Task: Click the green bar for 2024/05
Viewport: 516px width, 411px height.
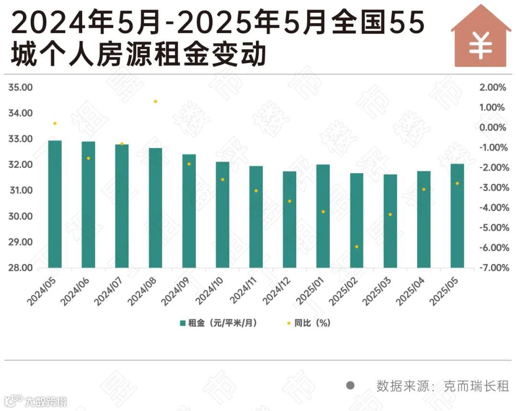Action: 55,204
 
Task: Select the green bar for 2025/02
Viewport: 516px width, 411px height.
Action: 356,220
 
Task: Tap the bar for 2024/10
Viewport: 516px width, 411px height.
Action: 222,215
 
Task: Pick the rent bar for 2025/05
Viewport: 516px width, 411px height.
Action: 457,216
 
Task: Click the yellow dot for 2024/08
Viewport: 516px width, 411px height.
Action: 155,101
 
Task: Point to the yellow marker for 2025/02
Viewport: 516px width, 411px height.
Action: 356,247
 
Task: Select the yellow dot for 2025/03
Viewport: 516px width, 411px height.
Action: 390,215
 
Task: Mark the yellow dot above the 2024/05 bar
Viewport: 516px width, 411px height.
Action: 55,123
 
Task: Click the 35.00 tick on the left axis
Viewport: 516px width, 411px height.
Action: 20,87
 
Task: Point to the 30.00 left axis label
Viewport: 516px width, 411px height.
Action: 20,216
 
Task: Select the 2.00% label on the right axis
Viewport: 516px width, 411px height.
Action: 492,87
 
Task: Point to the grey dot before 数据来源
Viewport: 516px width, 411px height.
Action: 350,386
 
